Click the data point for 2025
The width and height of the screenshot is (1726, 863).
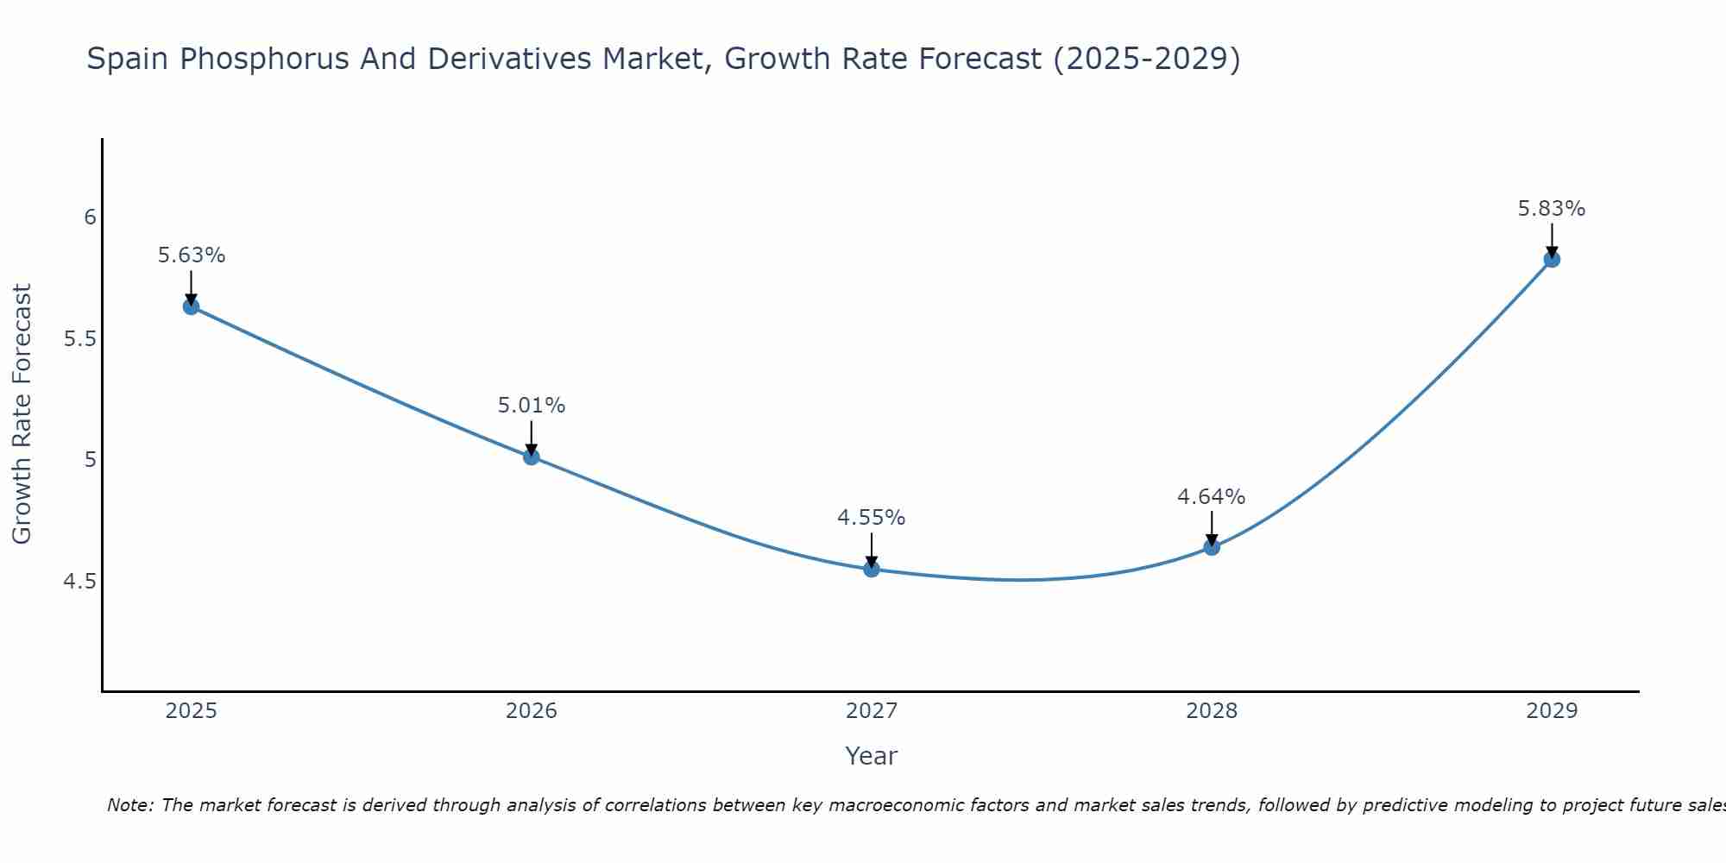[x=192, y=306]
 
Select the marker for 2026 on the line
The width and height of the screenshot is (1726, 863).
[x=532, y=457]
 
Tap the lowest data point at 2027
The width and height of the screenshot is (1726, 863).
[x=872, y=569]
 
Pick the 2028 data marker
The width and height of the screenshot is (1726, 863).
[x=1212, y=546]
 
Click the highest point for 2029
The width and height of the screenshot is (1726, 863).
[x=1552, y=259]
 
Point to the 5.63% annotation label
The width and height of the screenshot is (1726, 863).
[x=192, y=255]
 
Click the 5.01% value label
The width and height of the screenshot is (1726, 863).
[x=532, y=406]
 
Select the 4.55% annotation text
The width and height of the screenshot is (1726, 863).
[x=872, y=518]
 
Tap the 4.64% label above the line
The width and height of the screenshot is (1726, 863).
[x=1212, y=497]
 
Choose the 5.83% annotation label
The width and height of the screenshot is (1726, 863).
[x=1552, y=209]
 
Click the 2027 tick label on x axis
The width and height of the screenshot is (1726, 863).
[x=872, y=711]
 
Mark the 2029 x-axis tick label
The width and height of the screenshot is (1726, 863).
[x=1552, y=711]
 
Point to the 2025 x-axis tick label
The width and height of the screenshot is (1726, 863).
[x=192, y=711]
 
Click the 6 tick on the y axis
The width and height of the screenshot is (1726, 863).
[x=90, y=217]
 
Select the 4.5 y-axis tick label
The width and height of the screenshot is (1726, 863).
[x=79, y=582]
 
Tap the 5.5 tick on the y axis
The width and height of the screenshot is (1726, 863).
[x=79, y=339]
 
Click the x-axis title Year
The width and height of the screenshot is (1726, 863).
[x=872, y=756]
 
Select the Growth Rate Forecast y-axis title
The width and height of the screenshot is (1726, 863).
[x=22, y=414]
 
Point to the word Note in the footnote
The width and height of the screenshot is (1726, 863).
[x=129, y=805]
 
